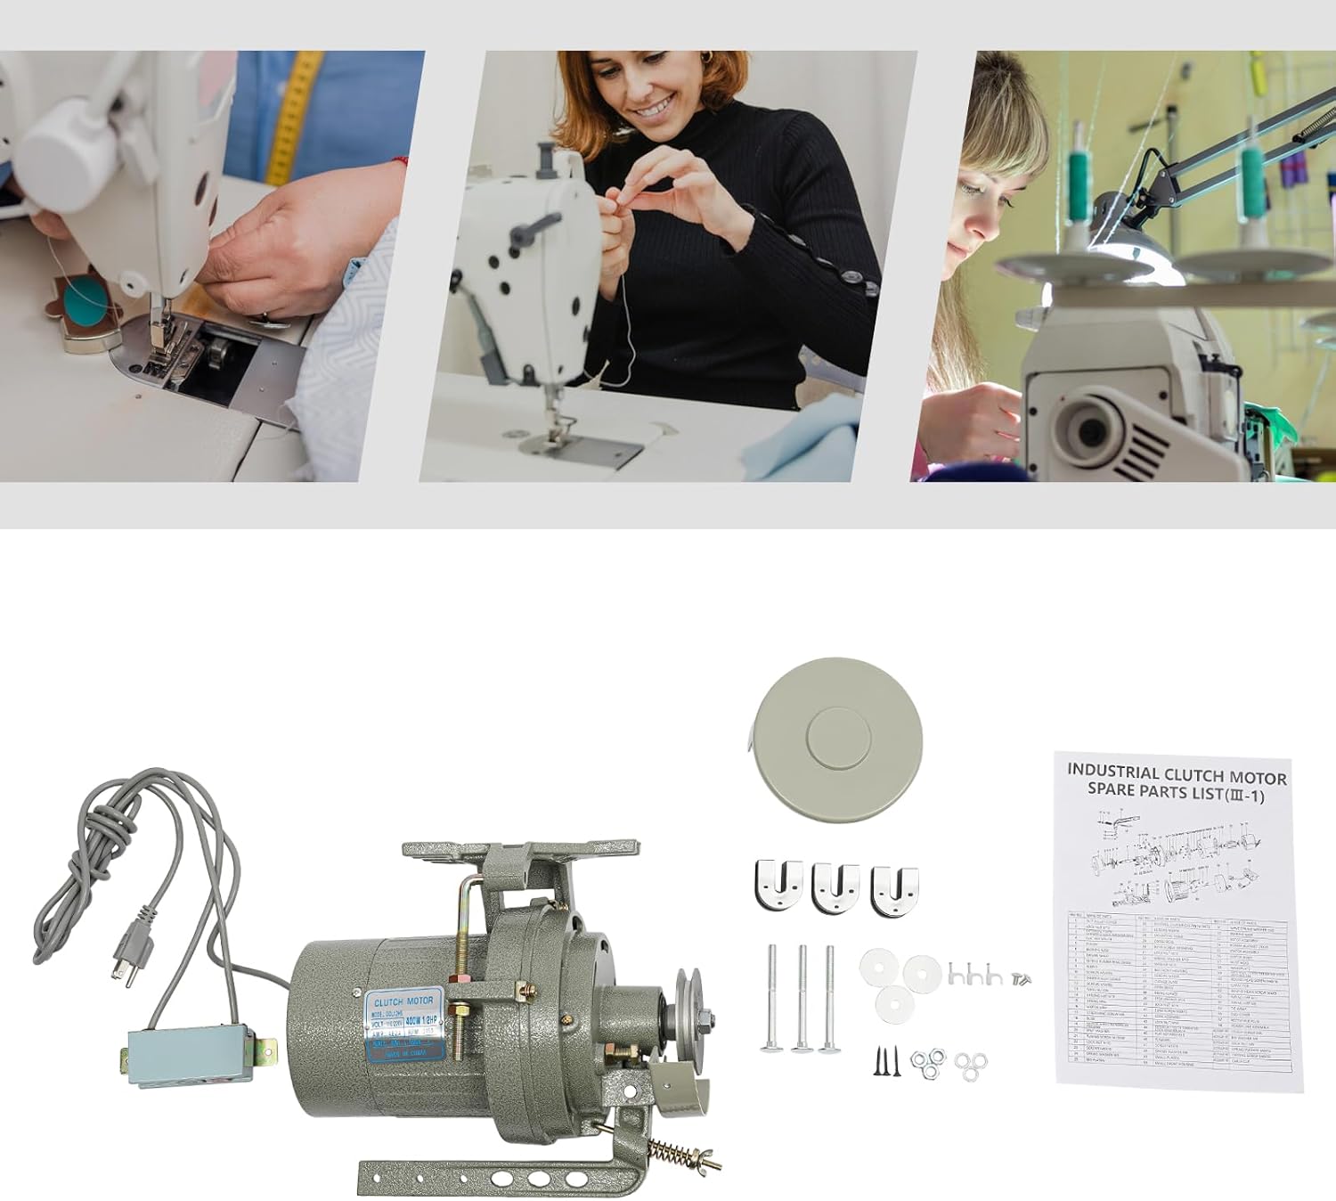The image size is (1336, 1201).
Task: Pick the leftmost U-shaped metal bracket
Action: (x=778, y=886)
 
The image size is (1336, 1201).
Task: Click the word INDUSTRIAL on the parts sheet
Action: (x=1112, y=772)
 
